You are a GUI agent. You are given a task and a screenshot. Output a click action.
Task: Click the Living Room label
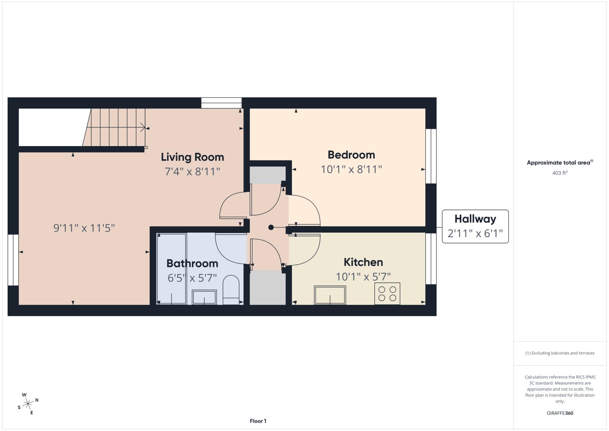192,157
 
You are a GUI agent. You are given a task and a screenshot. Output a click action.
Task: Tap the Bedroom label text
351,155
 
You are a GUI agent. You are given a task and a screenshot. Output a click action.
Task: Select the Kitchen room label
363,262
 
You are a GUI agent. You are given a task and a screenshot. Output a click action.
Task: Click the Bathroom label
192,263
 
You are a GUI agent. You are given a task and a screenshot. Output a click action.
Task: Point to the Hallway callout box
475,226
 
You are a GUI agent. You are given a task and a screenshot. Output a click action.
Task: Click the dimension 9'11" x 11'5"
84,228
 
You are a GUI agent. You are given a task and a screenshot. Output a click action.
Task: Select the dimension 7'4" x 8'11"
192,171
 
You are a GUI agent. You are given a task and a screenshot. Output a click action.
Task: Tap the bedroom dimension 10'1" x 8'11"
351,169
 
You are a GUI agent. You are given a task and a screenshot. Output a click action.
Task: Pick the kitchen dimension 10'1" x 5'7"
363,277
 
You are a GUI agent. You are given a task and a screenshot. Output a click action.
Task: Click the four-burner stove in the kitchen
387,294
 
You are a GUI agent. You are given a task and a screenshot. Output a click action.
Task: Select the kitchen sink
330,295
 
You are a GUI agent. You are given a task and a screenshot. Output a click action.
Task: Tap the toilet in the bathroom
231,290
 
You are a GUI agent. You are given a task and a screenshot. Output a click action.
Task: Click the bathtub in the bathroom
172,269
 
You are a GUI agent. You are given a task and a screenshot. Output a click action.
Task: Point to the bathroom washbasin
204,297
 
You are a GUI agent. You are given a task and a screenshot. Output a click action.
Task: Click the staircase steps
114,127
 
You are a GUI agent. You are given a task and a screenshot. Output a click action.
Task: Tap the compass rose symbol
28,403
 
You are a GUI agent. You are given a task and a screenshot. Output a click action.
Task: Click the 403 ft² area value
560,173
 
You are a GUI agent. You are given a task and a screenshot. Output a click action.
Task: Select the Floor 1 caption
258,421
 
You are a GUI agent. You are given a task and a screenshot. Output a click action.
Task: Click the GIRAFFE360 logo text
560,413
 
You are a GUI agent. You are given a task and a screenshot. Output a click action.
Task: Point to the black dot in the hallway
271,227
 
